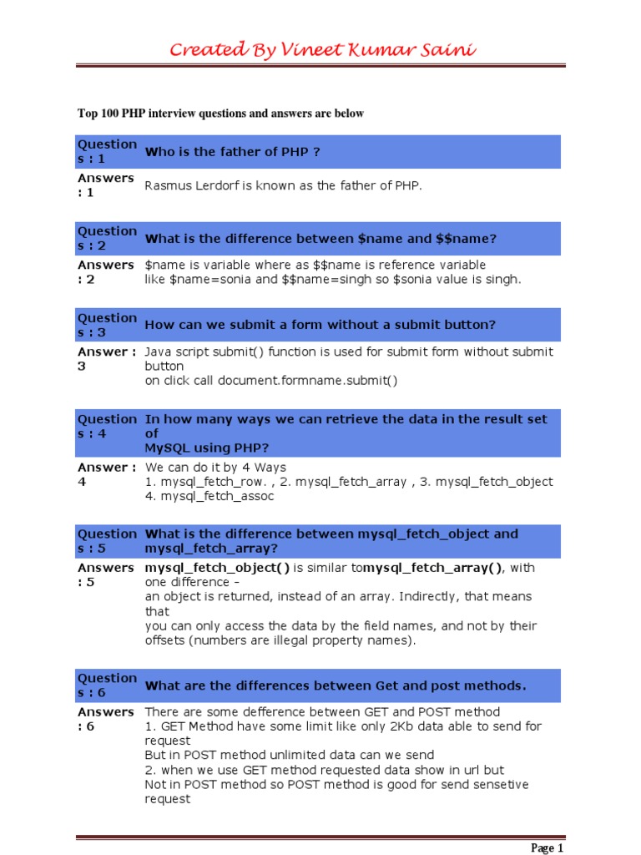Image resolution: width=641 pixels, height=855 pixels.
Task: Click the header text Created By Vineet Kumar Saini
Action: click(322, 49)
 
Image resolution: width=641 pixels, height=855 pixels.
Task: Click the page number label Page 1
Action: click(548, 848)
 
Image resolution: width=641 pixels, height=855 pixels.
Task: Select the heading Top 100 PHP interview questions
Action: click(220, 114)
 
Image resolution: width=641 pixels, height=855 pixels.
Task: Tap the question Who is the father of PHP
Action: click(233, 152)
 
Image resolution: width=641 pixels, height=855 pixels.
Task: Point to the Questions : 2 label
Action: click(106, 238)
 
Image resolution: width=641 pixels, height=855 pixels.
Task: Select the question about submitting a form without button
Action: click(320, 325)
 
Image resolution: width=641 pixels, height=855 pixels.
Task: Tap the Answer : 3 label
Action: click(106, 359)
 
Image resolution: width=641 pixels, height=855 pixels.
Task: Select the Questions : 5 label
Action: click(106, 541)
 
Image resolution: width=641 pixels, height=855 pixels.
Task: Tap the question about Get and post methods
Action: click(336, 686)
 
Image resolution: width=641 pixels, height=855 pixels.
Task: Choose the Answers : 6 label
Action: click(106, 719)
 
